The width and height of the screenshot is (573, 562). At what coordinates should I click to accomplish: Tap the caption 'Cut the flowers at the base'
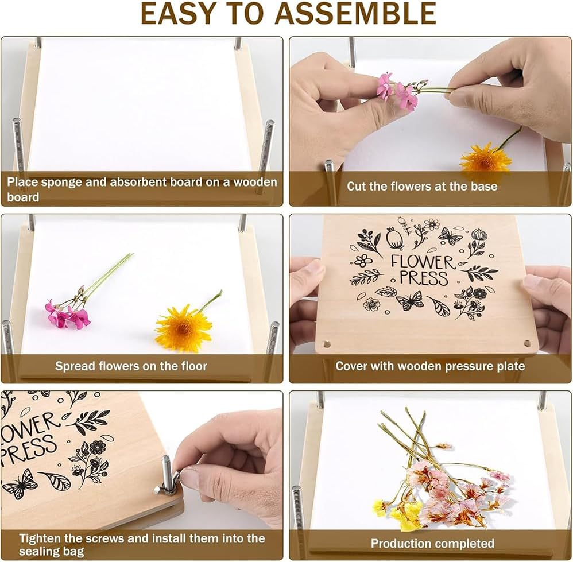(x=422, y=187)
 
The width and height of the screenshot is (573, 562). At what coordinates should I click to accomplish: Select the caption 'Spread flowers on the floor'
(x=131, y=366)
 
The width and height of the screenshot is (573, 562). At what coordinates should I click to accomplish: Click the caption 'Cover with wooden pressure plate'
(x=430, y=366)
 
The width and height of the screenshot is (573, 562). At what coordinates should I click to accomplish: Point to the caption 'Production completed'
(x=432, y=543)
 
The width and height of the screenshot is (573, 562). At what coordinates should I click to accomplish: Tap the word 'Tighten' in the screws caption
(x=40, y=538)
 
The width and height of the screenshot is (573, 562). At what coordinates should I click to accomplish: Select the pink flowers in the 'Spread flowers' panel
(x=66, y=315)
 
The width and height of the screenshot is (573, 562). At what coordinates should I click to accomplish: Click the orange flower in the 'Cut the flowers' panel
(x=486, y=158)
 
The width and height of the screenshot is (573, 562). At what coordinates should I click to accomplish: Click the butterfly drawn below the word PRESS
(x=410, y=300)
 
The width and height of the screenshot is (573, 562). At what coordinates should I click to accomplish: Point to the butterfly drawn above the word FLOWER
(x=450, y=235)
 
